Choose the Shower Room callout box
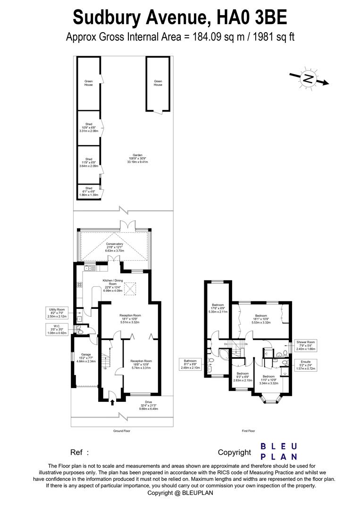(x=305, y=346)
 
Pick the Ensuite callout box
(x=305, y=365)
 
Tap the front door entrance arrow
(x=112, y=402)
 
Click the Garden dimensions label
(x=137, y=158)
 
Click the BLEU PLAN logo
(x=279, y=451)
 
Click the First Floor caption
(x=248, y=431)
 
